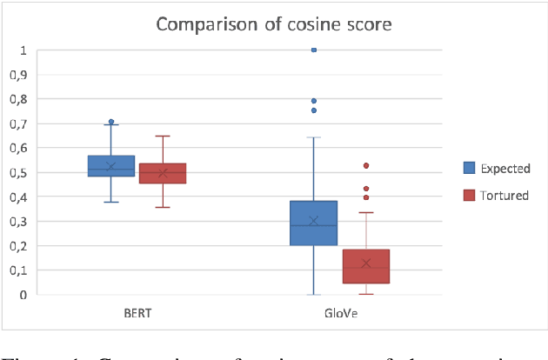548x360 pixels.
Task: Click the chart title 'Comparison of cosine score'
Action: point(274,23)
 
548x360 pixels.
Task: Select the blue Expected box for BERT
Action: point(111,165)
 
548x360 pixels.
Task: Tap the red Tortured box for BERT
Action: point(163,173)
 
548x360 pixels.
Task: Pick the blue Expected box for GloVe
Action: point(313,223)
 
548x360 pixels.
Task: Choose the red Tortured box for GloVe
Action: point(366,266)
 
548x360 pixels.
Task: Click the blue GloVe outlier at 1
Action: point(313,50)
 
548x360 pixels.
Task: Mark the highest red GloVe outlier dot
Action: point(366,165)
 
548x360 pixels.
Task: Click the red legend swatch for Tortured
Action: point(468,196)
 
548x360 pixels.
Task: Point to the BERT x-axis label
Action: point(137,312)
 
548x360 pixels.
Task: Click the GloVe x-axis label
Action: point(340,312)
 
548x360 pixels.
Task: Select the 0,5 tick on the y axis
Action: point(17,172)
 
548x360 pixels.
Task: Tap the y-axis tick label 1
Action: point(23,50)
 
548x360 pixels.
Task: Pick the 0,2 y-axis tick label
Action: point(17,245)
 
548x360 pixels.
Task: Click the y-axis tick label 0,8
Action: point(17,99)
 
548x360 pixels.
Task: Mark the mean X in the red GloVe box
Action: point(366,263)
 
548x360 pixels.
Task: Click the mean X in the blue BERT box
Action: point(111,166)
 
